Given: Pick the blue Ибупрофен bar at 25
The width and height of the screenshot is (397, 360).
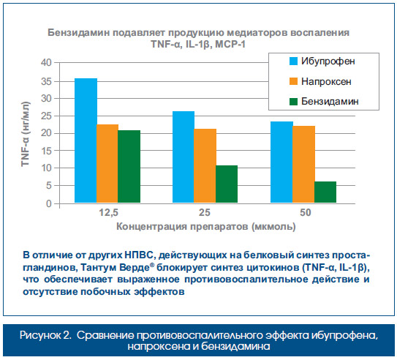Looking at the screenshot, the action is (184, 157).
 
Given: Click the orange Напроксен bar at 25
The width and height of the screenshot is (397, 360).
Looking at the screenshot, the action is (205, 165).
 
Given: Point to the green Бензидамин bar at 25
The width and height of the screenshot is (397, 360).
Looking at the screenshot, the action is (227, 184).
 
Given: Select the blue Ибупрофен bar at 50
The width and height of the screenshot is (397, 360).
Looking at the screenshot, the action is (281, 162).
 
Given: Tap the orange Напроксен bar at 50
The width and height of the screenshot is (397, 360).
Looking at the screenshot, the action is (303, 164).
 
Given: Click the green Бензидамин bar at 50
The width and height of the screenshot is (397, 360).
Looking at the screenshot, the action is (325, 192).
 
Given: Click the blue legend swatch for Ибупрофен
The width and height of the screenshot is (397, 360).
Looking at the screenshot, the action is (293, 61).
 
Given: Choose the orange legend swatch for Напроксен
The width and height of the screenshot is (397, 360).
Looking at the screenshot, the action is (293, 81).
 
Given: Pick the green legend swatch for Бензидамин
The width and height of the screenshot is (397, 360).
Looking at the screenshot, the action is (293, 101).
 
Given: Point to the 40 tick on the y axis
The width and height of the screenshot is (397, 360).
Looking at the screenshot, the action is (46, 62).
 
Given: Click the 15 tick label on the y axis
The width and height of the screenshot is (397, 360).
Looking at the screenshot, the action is (46, 151).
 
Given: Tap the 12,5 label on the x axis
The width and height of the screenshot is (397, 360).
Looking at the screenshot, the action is (109, 212).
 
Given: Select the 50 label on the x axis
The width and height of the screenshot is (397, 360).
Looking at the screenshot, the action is (306, 212).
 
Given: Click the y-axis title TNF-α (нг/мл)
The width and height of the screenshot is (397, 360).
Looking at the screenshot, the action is (26, 134).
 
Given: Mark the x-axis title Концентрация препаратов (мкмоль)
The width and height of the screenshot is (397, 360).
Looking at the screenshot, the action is (206, 227).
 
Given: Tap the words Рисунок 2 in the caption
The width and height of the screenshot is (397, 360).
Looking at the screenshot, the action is (45, 335).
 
